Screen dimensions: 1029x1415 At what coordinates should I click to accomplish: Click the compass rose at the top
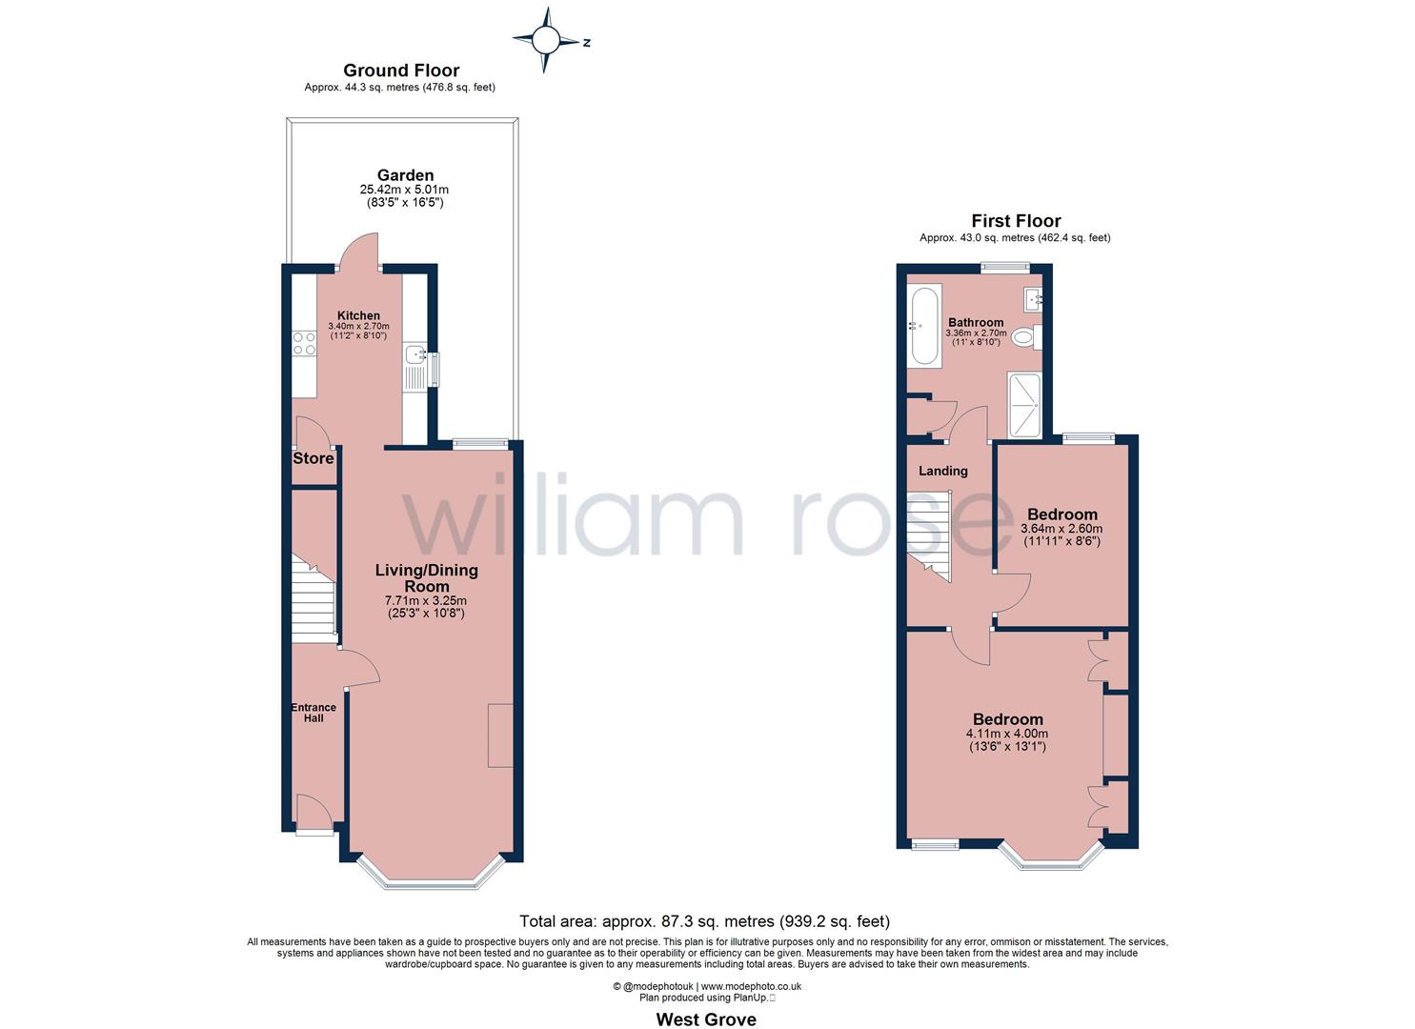click(546, 40)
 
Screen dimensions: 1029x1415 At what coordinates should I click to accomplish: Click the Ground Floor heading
click(400, 71)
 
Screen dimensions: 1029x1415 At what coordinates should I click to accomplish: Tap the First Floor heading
click(1016, 221)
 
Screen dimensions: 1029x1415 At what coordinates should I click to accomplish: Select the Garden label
click(405, 175)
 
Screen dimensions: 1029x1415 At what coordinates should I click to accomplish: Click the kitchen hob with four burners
click(305, 343)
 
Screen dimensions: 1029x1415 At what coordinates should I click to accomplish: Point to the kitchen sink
click(415, 355)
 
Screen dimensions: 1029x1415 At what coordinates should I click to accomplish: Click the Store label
click(313, 458)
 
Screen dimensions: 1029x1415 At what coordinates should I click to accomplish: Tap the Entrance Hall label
click(313, 713)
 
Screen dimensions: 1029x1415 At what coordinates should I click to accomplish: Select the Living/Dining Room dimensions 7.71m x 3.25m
click(425, 601)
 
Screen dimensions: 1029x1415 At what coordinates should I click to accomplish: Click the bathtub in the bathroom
click(924, 325)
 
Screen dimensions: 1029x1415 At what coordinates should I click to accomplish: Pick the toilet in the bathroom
click(1026, 336)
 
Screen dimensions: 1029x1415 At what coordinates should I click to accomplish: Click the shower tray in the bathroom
click(1024, 404)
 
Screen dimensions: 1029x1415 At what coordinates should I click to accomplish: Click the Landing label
click(942, 471)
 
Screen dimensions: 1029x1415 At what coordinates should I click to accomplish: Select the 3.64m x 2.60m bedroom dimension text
click(1061, 529)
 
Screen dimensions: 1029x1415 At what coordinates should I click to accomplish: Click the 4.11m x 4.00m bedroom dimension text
click(1006, 734)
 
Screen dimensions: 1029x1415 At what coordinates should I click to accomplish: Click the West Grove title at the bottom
click(706, 1019)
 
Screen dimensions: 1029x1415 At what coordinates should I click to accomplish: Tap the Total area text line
click(704, 921)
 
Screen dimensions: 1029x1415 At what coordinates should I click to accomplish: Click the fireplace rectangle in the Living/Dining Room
click(500, 736)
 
